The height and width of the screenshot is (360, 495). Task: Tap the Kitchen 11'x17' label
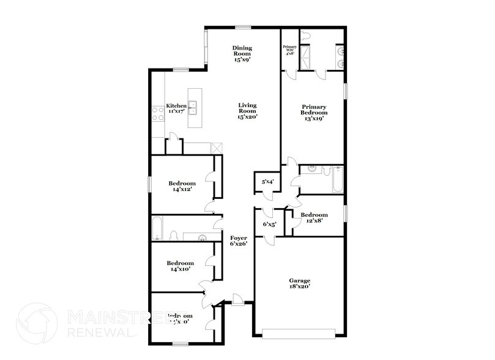(x=176, y=109)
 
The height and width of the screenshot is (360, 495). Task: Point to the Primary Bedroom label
(x=314, y=113)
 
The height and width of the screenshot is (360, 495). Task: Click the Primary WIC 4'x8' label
(x=289, y=50)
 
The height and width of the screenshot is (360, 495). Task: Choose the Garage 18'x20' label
(x=300, y=283)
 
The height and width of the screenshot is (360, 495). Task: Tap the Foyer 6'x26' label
(x=239, y=241)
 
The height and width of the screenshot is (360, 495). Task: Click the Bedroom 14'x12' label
(x=182, y=186)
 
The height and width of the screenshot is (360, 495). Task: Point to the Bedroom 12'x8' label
(x=314, y=218)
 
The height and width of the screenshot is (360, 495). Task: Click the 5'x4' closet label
(x=267, y=182)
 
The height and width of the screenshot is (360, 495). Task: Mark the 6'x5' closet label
(x=269, y=225)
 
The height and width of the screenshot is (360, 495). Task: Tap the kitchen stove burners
(x=155, y=114)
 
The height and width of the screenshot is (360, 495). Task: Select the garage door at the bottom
(x=300, y=333)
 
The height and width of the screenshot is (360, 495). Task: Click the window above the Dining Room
(x=244, y=26)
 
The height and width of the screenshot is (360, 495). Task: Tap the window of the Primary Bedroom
(x=346, y=91)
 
